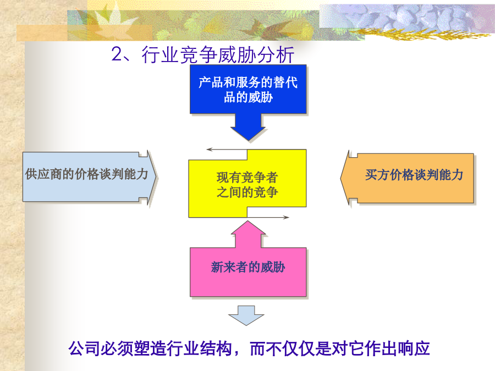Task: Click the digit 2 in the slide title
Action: pyautogui.click(x=117, y=54)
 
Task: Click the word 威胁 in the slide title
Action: pyautogui.click(x=237, y=54)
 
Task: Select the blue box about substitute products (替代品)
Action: pyautogui.click(x=248, y=89)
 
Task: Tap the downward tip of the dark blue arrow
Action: pyautogui.click(x=248, y=140)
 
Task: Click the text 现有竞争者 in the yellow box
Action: pyautogui.click(x=247, y=178)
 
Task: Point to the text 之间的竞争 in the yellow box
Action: pyautogui.click(x=247, y=192)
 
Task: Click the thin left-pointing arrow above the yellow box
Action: pyautogui.click(x=227, y=149)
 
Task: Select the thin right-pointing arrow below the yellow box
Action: pyautogui.click(x=268, y=217)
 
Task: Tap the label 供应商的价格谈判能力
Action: pyautogui.click(x=86, y=174)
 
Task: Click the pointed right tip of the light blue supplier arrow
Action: pyautogui.click(x=156, y=177)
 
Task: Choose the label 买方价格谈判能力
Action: pyautogui.click(x=414, y=175)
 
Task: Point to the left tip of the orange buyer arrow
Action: pyautogui.click(x=340, y=178)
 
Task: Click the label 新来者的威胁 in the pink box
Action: pyautogui.click(x=248, y=267)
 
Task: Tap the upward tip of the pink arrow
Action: pyautogui.click(x=248, y=221)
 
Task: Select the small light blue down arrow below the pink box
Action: pyautogui.click(x=246, y=315)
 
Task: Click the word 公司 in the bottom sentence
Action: pyautogui.click(x=85, y=348)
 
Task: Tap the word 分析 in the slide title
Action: pyautogui.click(x=276, y=54)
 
